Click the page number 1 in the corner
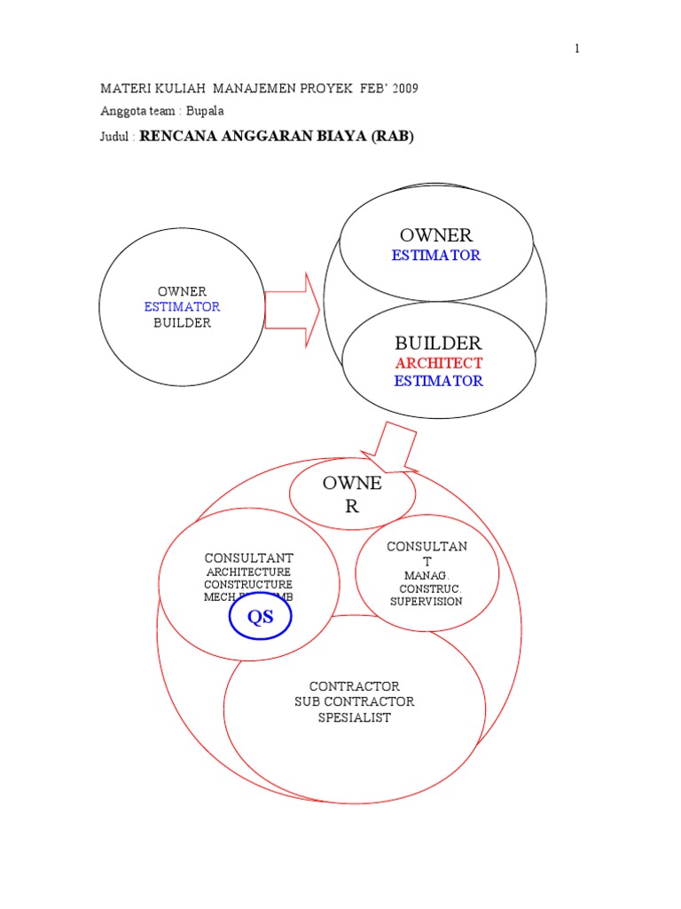(576, 49)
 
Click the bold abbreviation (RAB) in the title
(392, 137)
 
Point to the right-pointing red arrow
(292, 309)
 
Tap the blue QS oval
(260, 619)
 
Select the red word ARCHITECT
(439, 363)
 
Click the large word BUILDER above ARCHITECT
(438, 343)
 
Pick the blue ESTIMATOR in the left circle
(182, 306)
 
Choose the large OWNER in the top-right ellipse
(436, 235)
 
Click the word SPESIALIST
(354, 717)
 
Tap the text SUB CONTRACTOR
(354, 702)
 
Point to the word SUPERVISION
(427, 601)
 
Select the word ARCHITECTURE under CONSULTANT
(247, 573)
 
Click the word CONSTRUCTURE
(247, 585)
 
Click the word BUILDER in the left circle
(182, 323)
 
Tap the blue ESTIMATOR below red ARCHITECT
(439, 381)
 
